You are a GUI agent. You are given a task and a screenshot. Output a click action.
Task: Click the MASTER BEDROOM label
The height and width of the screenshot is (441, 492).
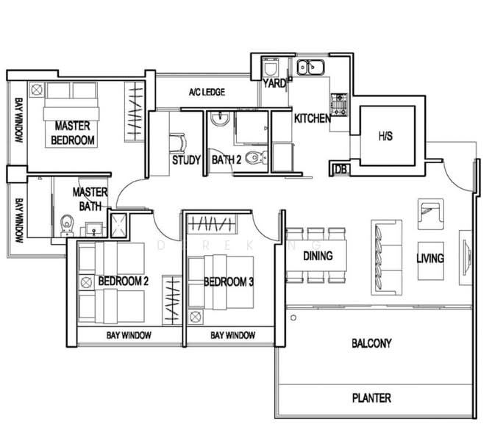[73, 133]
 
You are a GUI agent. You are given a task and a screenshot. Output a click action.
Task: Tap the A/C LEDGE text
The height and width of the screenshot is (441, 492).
[207, 92]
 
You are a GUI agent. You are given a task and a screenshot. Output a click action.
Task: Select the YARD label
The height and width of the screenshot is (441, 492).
[274, 84]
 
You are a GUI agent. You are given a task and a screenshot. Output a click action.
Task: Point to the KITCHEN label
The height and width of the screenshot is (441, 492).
[313, 118]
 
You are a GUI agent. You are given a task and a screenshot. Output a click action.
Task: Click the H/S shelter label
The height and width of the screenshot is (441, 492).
[385, 136]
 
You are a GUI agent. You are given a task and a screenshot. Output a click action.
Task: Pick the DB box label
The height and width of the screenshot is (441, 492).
[341, 169]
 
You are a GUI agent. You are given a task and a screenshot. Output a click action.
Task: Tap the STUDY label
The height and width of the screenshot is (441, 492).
[186, 160]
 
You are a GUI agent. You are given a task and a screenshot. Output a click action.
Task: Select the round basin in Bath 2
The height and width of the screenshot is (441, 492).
[221, 119]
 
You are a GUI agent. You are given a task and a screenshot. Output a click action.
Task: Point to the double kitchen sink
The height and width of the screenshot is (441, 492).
[310, 68]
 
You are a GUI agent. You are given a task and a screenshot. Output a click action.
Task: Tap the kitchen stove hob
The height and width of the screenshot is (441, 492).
[339, 105]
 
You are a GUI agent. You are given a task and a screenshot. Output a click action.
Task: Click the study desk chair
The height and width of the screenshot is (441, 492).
[177, 143]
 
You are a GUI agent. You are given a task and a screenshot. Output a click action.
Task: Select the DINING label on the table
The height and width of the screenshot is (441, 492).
[318, 256]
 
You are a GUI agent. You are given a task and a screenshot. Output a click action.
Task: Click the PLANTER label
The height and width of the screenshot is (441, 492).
[371, 398]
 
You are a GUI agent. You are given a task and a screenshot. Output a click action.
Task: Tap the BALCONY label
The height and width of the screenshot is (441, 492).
[371, 343]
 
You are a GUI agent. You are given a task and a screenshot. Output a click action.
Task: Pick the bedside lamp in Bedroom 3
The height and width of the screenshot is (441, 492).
[195, 317]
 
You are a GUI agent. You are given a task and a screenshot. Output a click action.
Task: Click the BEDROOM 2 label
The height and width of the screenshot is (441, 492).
[124, 281]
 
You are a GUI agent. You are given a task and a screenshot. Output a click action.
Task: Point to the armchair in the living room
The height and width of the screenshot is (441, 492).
[430, 214]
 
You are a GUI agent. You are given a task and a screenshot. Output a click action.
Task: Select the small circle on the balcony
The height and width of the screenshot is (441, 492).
[293, 318]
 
